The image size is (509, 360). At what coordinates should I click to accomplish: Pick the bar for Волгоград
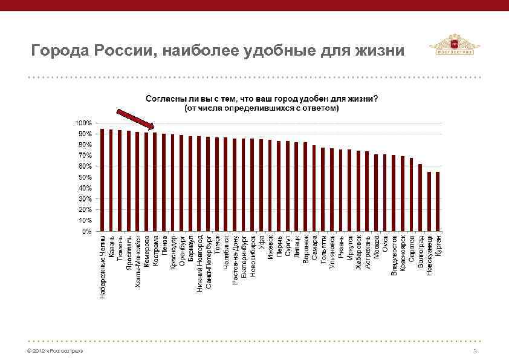pyautogui.click(x=420, y=197)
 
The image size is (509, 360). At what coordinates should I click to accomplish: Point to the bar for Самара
pyautogui.click(x=314, y=188)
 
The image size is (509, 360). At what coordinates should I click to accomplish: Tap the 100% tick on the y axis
pyautogui.click(x=84, y=123)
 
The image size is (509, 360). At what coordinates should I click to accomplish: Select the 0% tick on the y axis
pyautogui.click(x=87, y=231)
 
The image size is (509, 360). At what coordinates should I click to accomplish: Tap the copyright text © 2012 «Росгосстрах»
pyautogui.click(x=51, y=352)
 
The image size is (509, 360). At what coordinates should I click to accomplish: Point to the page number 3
pyautogui.click(x=475, y=352)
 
